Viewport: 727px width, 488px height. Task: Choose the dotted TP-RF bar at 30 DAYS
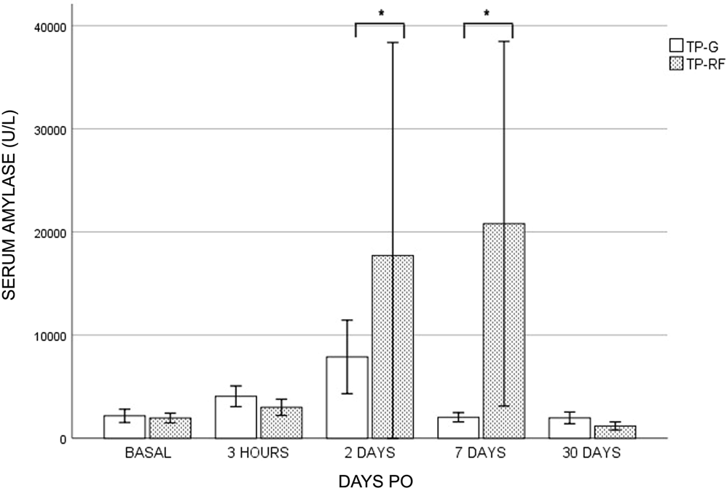615,432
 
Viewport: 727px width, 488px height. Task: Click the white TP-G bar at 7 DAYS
458,428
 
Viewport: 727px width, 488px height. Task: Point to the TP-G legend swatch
675,44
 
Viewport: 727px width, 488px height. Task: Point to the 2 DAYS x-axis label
369,453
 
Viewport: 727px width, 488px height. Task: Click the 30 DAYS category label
592,453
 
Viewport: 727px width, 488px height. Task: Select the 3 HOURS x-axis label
258,453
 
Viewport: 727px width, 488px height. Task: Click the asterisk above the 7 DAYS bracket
487,13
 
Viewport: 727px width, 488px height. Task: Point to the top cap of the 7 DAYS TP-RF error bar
503,42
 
